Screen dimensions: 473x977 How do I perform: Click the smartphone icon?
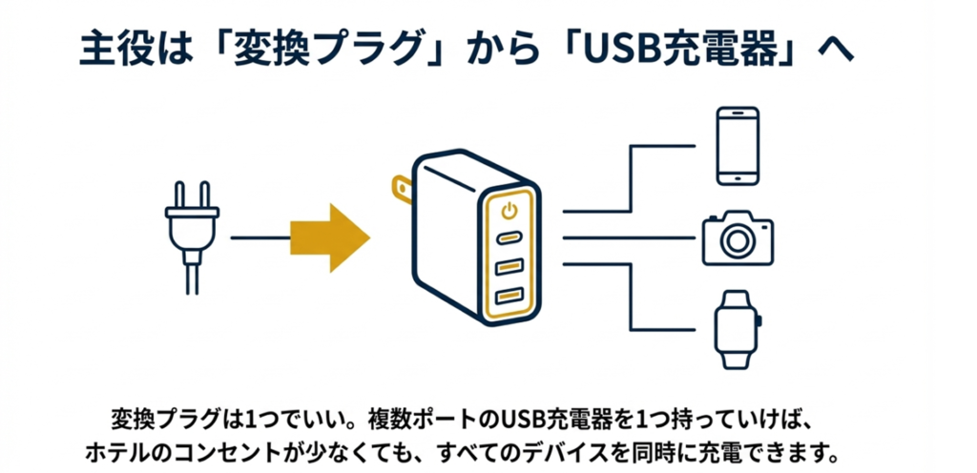(738, 146)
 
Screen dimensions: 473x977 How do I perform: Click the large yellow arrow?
(329, 237)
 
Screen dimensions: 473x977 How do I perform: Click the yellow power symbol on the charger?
(509, 209)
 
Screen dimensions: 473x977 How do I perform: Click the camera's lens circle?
(737, 241)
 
